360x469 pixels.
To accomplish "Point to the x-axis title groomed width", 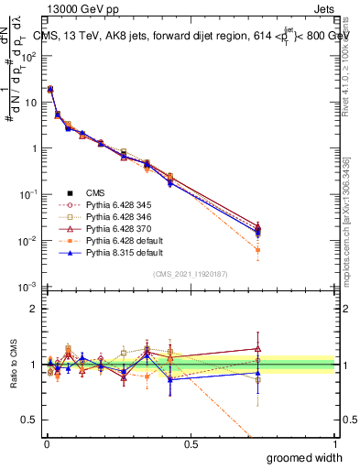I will coord(307,456).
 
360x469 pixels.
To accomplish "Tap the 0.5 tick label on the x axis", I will coord(191,443).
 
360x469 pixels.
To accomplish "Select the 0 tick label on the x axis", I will coord(46,443).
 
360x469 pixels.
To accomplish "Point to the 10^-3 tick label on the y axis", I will coord(27,288).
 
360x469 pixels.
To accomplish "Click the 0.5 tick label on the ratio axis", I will coord(29,421).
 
